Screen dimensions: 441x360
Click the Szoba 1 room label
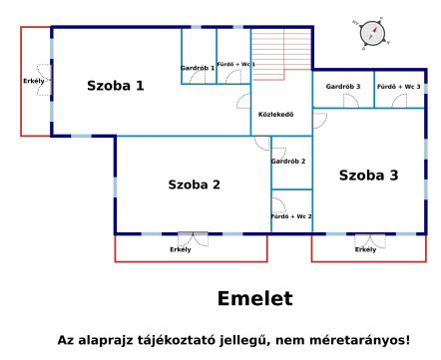[116, 86]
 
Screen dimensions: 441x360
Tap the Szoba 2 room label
[195, 184]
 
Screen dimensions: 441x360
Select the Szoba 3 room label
[368, 176]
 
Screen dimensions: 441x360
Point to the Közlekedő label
[276, 115]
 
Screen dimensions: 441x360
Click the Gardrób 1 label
[198, 68]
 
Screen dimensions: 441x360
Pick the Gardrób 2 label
[288, 162]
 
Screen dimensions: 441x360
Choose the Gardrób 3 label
[343, 87]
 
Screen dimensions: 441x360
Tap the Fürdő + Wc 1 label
[236, 64]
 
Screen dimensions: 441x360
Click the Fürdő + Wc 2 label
[291, 216]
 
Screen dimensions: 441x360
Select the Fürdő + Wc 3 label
[399, 87]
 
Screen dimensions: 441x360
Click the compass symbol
[372, 33]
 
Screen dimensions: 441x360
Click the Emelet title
[255, 298]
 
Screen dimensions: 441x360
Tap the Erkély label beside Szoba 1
[34, 81]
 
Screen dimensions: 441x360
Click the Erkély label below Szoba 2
[181, 249]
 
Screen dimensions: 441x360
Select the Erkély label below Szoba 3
[365, 249]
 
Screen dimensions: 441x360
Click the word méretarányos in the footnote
[360, 340]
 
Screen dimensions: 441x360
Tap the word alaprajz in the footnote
[108, 341]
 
